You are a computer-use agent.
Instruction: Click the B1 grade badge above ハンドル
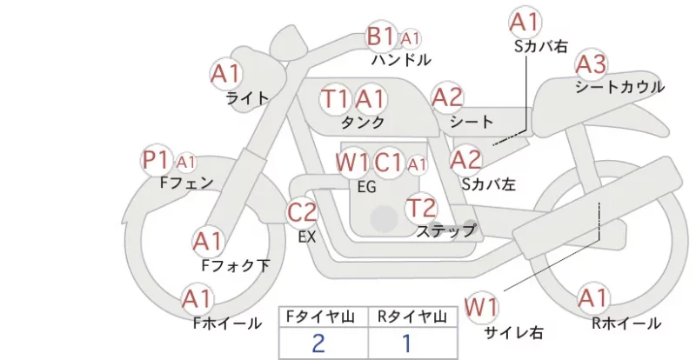(x=381, y=36)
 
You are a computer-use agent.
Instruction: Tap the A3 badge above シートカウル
(x=591, y=65)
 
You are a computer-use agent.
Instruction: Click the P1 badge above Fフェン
(x=157, y=160)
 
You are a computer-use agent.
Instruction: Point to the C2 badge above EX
(x=302, y=212)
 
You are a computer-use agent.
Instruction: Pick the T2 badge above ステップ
(x=421, y=208)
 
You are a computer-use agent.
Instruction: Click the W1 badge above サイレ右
(x=481, y=307)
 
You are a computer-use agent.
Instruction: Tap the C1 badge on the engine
(x=388, y=163)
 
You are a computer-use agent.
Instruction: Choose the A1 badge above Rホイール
(x=592, y=298)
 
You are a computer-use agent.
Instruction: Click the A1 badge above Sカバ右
(x=525, y=23)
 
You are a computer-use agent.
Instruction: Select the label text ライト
(x=248, y=98)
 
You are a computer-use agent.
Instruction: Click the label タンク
(x=363, y=122)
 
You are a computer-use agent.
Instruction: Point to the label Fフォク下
(x=236, y=265)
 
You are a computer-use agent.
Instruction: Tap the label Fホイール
(x=227, y=323)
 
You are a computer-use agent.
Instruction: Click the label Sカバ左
(x=489, y=183)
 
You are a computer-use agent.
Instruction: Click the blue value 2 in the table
(x=318, y=343)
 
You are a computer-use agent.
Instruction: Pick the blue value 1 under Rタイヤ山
(x=407, y=343)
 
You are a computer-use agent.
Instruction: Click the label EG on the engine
(x=366, y=187)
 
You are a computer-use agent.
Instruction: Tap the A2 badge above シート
(x=447, y=97)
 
